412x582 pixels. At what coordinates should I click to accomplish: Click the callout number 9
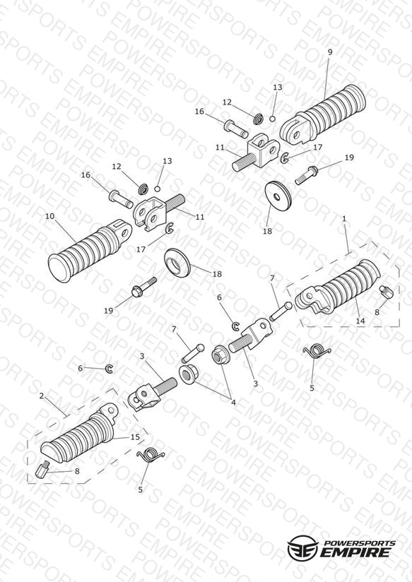pyautogui.click(x=330, y=52)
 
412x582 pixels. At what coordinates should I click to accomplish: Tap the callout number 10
pyautogui.click(x=49, y=216)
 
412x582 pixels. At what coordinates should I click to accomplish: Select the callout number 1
pyautogui.click(x=344, y=219)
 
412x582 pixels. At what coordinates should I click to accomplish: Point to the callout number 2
pyautogui.click(x=42, y=396)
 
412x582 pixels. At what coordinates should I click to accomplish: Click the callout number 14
pyautogui.click(x=360, y=321)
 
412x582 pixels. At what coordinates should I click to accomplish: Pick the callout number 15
pyautogui.click(x=135, y=437)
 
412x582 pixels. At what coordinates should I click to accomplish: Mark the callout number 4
pyautogui.click(x=233, y=402)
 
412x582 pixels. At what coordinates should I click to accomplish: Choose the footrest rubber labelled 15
pyautogui.click(x=79, y=434)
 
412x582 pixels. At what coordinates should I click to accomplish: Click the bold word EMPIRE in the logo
pyautogui.click(x=356, y=552)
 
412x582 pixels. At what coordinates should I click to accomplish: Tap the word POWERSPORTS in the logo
pyautogui.click(x=359, y=542)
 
